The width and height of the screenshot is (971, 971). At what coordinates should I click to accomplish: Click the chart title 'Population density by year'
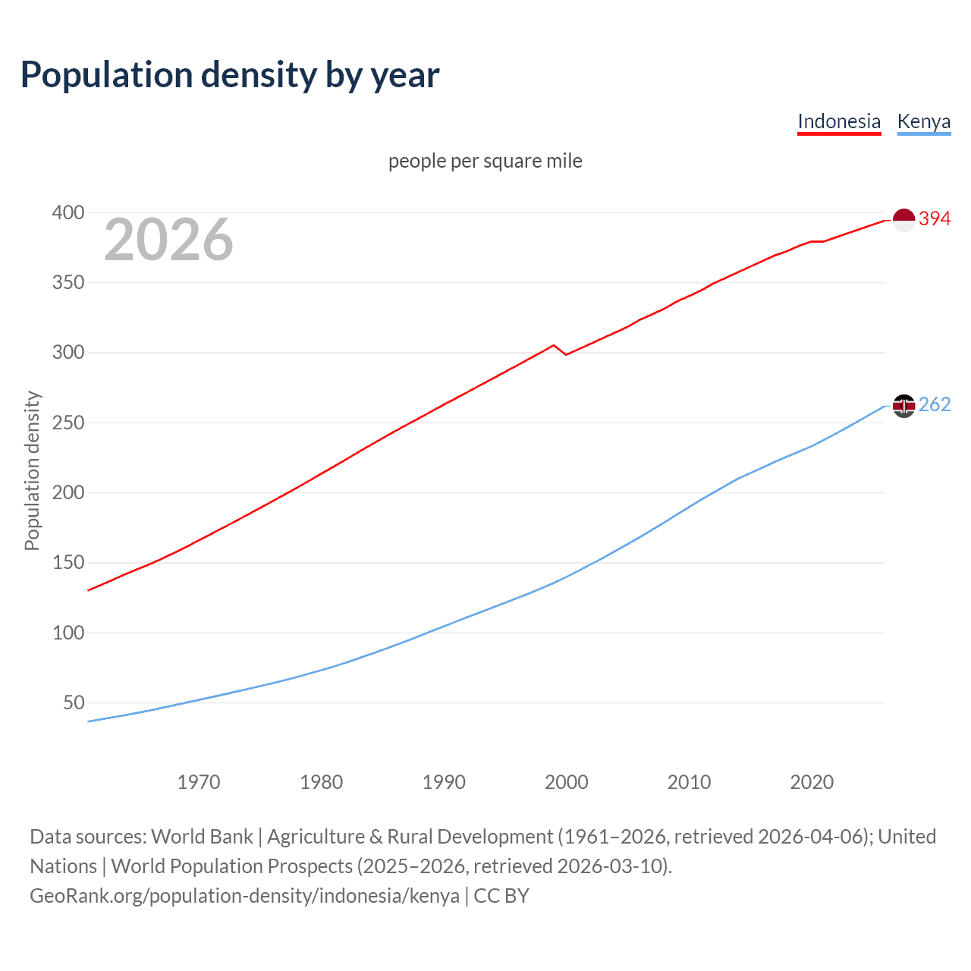(230, 75)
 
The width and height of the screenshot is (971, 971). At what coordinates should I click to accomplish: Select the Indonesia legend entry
(838, 121)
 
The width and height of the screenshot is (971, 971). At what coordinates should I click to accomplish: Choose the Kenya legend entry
(923, 121)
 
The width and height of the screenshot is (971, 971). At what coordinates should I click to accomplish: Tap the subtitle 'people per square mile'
(485, 161)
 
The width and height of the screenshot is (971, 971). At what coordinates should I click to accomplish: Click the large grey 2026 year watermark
(168, 240)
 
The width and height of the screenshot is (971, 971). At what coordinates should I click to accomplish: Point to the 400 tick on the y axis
(68, 212)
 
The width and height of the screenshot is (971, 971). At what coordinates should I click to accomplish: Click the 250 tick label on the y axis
(68, 423)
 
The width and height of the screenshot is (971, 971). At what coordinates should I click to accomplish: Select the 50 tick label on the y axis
(74, 702)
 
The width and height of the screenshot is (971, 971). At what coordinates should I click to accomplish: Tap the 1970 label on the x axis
(199, 782)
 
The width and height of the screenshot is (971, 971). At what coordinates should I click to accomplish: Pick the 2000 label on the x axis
(567, 782)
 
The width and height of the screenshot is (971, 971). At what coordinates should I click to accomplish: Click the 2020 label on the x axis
(812, 782)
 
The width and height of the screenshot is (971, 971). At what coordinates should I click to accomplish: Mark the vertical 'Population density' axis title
(32, 470)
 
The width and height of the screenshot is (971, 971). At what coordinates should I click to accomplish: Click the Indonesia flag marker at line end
(903, 219)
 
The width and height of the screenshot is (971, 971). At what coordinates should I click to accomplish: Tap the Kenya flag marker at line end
(903, 406)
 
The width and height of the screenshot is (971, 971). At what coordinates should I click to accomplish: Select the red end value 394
(935, 218)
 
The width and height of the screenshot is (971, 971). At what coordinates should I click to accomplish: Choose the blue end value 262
(935, 404)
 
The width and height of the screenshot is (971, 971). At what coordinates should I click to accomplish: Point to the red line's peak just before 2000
(553, 345)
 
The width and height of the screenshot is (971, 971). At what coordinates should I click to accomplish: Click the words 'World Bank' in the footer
(202, 836)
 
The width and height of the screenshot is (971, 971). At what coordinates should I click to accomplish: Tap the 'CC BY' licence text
(501, 895)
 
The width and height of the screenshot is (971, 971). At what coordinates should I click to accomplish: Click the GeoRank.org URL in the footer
(244, 895)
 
